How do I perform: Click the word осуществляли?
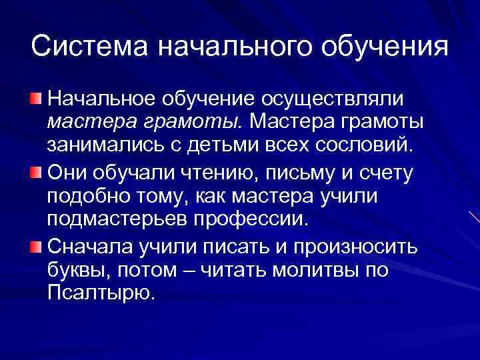[331, 99]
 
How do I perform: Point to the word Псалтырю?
[100, 293]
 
